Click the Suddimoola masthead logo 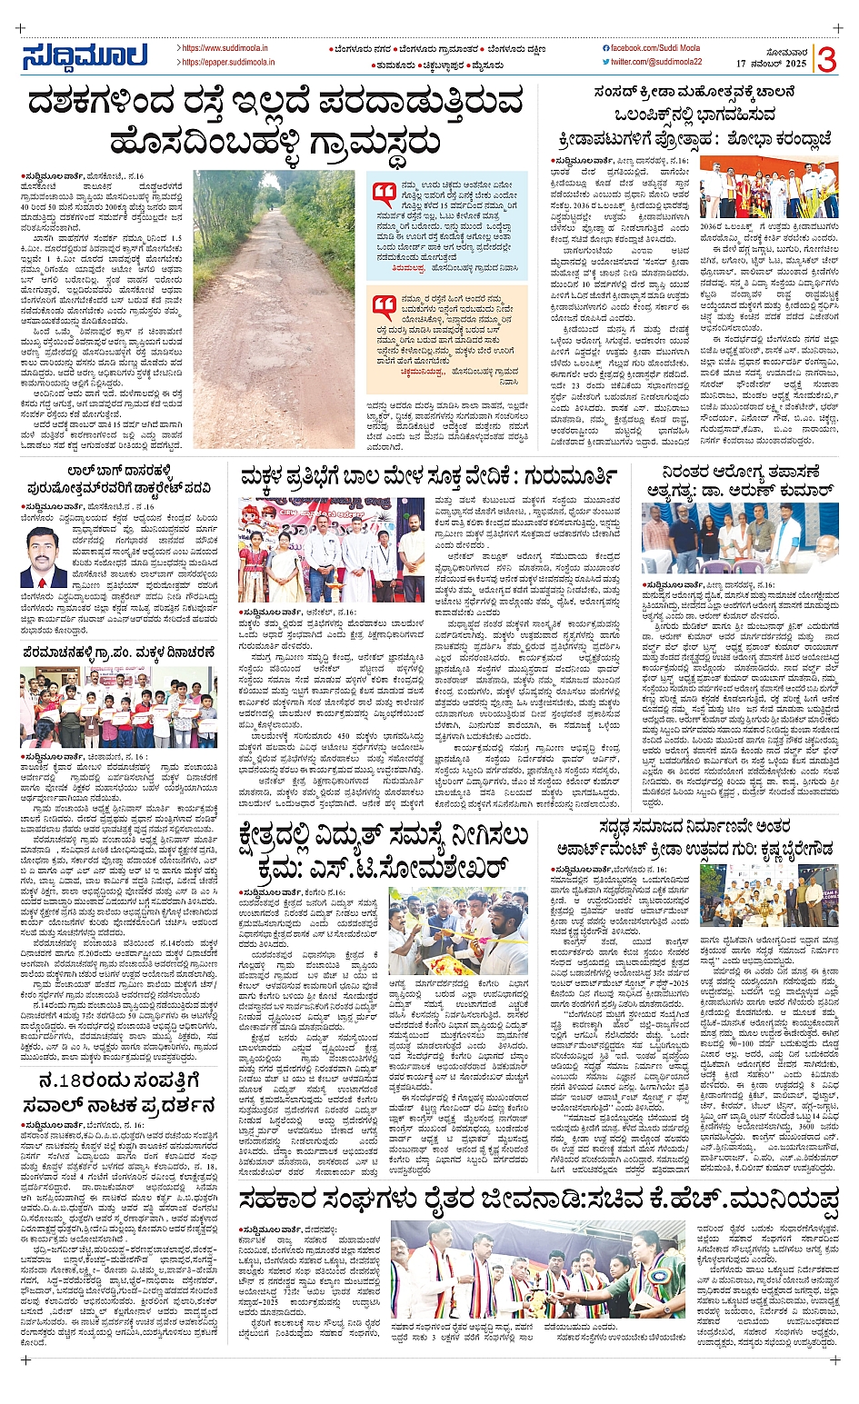click(x=84, y=56)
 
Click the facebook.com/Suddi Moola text click(x=648, y=47)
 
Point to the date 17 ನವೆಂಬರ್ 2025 click(x=771, y=65)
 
